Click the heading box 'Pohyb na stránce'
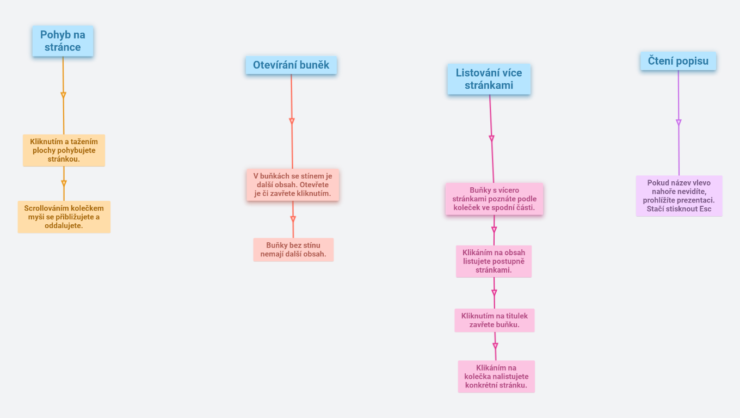[63, 41]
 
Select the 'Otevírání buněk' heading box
[291, 65]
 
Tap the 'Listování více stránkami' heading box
[489, 79]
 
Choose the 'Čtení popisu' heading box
[677, 61]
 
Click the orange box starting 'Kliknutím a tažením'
[64, 150]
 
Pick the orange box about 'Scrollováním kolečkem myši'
[64, 217]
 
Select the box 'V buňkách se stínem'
[292, 185]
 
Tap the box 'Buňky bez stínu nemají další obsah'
[293, 249]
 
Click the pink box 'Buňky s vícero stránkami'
[494, 199]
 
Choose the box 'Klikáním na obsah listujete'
[494, 261]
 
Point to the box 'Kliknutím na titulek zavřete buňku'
[494, 320]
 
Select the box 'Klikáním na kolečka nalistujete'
[496, 376]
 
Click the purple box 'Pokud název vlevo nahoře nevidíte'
[679, 196]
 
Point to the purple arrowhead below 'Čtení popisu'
[679, 122]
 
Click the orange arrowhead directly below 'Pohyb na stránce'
[63, 95]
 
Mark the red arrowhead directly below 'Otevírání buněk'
[292, 121]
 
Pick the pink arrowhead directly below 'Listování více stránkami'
[491, 138]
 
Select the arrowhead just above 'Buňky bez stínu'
[293, 219]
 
